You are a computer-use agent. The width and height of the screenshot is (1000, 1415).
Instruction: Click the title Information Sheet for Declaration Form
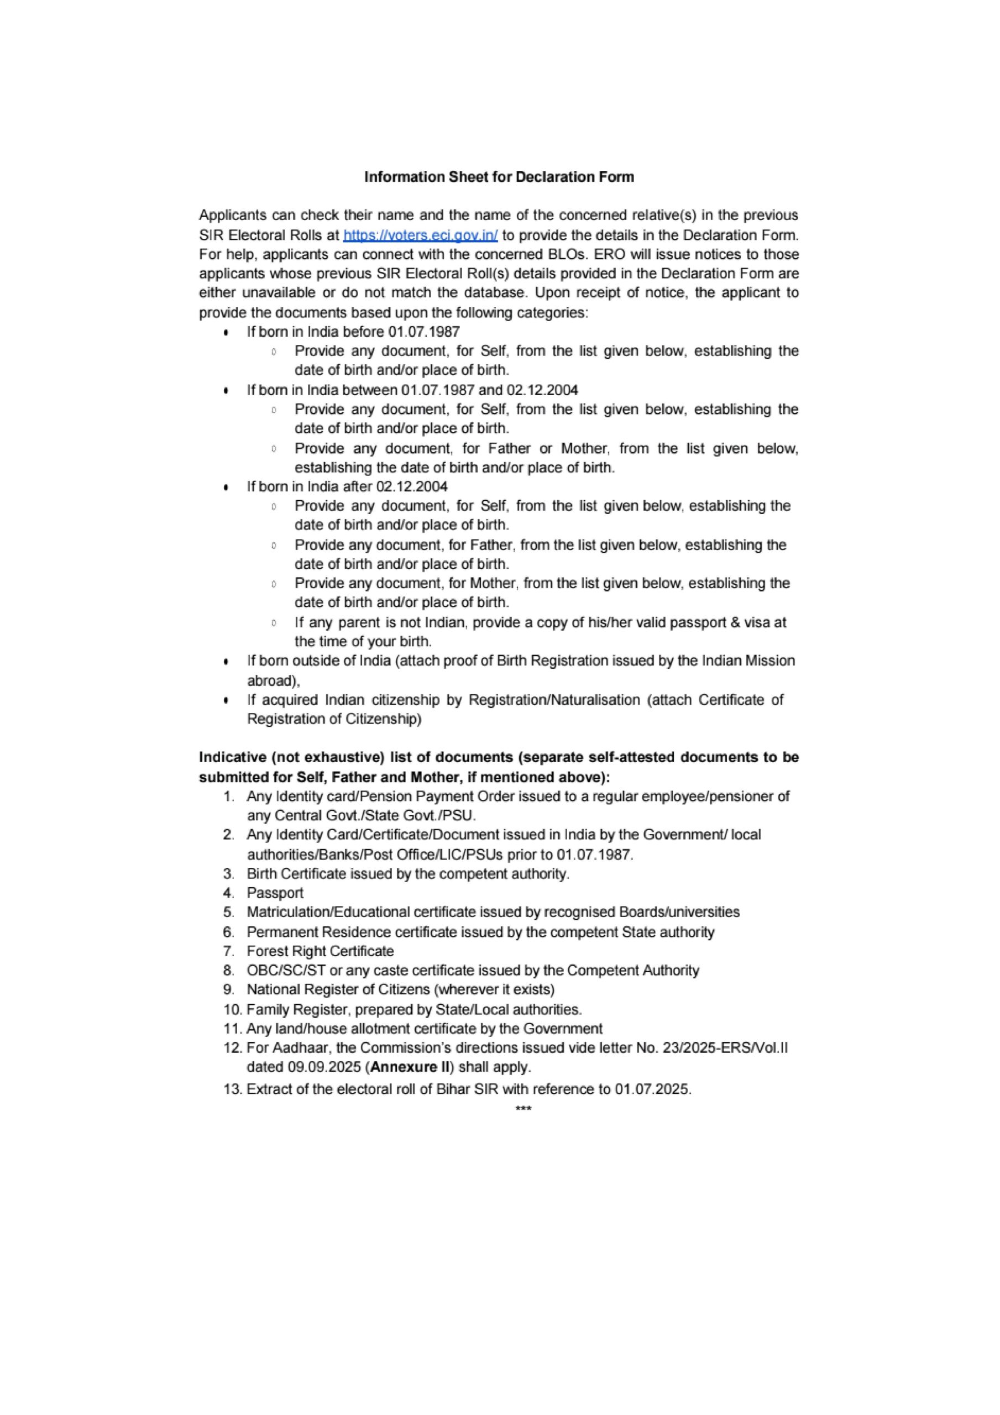(x=499, y=177)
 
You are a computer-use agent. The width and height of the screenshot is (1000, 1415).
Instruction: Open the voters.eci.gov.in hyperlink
(x=421, y=235)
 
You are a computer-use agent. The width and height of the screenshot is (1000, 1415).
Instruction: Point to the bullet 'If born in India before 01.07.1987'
(x=353, y=332)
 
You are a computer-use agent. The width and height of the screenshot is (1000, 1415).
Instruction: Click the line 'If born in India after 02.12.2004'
(x=347, y=486)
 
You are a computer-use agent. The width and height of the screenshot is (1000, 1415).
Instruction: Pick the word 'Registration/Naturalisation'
(x=554, y=700)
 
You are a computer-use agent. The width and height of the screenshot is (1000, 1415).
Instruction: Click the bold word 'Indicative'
(x=232, y=757)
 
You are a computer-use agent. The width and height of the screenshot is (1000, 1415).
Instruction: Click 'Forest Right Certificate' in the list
(x=320, y=951)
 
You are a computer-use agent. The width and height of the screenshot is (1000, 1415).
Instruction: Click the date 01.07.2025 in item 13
(x=652, y=1089)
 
